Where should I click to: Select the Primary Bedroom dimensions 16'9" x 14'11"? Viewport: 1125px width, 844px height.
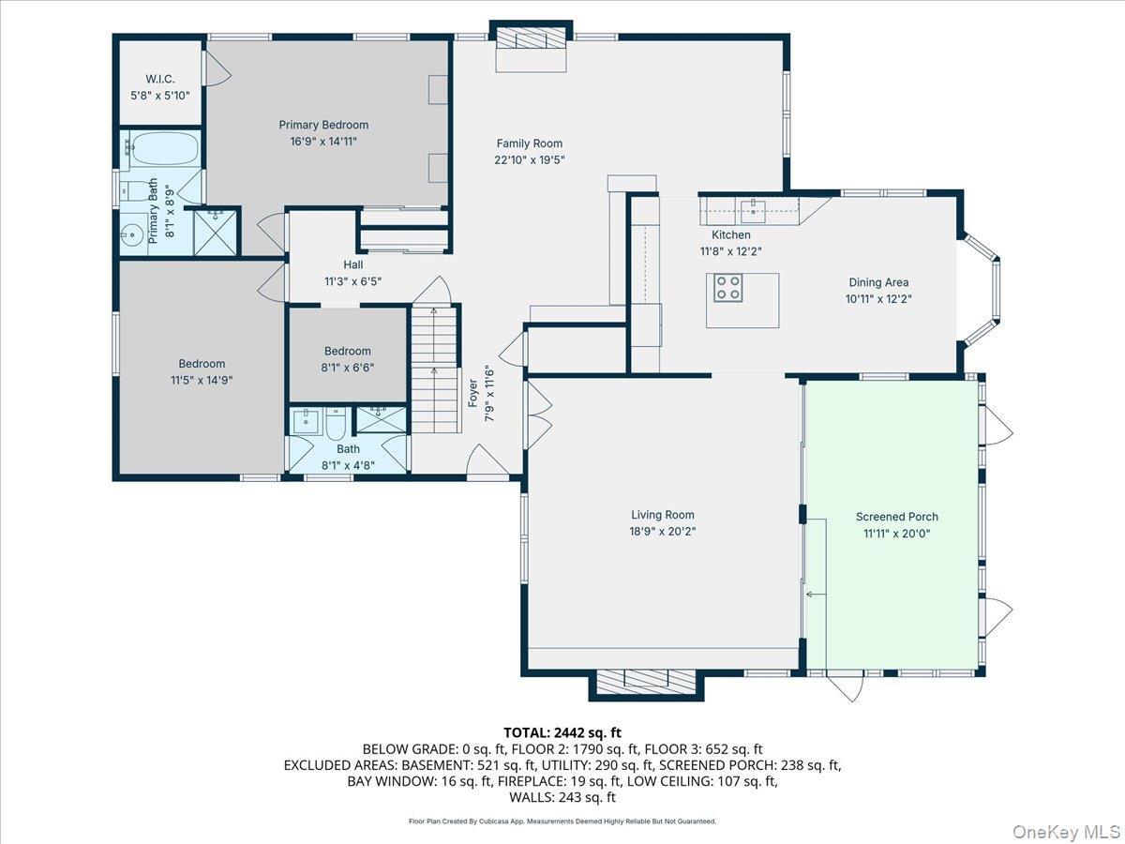[323, 141]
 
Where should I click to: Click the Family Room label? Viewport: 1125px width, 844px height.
[530, 143]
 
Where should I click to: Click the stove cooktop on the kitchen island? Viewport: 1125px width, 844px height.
[728, 287]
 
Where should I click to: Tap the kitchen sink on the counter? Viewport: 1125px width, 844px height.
[752, 207]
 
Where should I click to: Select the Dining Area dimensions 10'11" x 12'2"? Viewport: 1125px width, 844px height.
[878, 298]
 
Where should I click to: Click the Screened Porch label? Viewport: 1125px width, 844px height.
[896, 517]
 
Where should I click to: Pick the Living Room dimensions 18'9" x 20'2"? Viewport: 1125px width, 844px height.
[662, 531]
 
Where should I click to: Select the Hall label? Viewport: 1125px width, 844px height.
[352, 264]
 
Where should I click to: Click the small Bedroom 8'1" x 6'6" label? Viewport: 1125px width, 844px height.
[348, 351]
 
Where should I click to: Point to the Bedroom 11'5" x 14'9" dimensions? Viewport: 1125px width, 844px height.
[202, 380]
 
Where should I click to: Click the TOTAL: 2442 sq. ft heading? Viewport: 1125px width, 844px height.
[562, 732]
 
